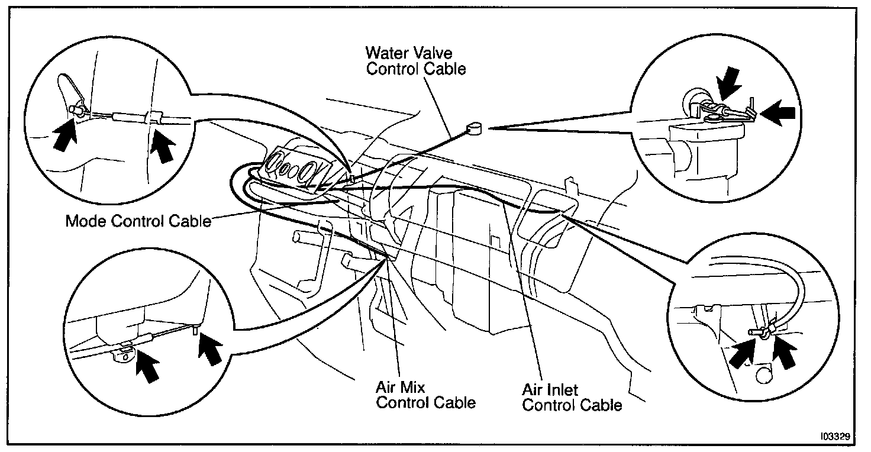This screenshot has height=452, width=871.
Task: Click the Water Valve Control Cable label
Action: [x=415, y=61]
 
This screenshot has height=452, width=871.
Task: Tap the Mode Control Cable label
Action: [x=138, y=221]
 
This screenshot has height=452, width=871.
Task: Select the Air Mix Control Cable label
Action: [x=425, y=395]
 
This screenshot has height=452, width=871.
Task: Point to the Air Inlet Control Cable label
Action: [x=572, y=398]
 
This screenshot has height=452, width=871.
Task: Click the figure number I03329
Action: [x=835, y=436]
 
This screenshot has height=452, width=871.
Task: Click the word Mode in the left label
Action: [x=82, y=221]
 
